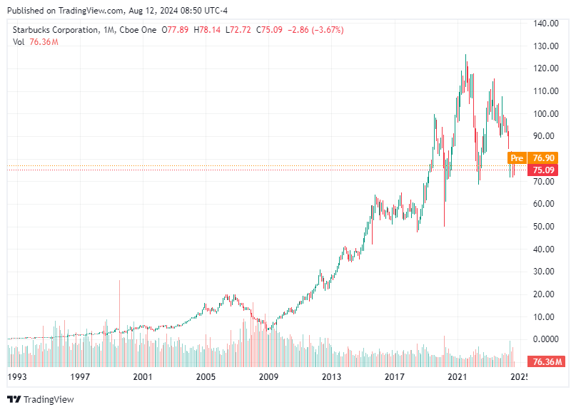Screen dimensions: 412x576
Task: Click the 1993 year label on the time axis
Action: (18, 376)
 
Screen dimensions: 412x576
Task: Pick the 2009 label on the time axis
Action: (268, 376)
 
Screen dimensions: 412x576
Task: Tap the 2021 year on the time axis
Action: (457, 376)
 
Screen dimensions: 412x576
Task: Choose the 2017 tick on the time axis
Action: (394, 376)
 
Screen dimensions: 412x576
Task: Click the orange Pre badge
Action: (517, 158)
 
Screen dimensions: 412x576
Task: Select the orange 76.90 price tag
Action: (545, 158)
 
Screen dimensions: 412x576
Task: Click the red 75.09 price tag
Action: (545, 170)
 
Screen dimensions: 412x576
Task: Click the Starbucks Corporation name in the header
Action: (55, 30)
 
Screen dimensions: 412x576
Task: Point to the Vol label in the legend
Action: (19, 42)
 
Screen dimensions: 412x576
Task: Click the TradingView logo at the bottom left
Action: (41, 399)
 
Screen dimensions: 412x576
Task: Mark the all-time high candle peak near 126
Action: (466, 56)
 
